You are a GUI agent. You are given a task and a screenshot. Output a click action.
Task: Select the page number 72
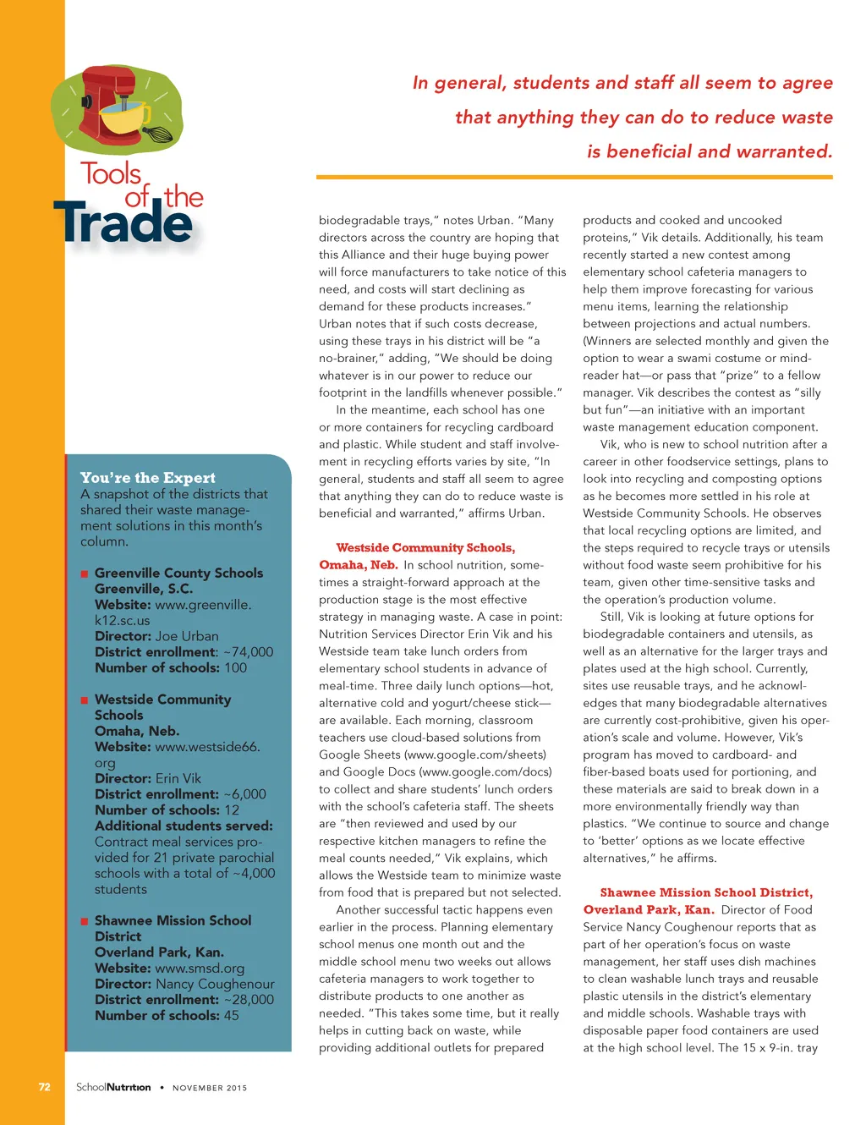[45, 1087]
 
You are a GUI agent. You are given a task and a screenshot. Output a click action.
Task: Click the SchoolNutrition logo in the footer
[113, 1087]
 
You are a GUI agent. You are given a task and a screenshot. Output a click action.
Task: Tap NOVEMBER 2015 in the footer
[210, 1088]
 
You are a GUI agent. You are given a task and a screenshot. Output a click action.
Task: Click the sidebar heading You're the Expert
[148, 478]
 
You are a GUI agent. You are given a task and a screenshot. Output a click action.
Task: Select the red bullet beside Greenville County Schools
[85, 573]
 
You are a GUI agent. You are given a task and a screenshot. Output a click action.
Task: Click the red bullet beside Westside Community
[85, 700]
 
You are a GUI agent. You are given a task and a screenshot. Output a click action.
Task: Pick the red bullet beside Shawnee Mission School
[85, 921]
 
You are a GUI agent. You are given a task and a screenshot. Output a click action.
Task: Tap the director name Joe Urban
[187, 636]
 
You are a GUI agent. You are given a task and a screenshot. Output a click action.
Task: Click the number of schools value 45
[232, 1016]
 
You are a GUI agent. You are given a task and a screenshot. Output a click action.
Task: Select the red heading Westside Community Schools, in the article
[425, 548]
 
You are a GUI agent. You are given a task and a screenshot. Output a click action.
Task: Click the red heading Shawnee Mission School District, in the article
[706, 892]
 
